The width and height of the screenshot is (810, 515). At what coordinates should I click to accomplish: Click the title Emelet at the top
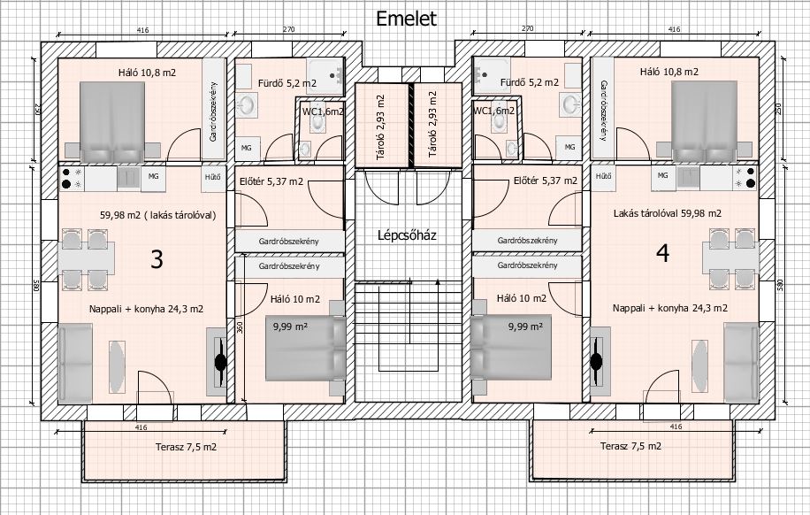[406, 19]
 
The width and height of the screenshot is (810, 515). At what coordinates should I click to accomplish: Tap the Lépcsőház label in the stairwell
[407, 235]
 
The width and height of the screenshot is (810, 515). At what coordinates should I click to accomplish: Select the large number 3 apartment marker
[157, 259]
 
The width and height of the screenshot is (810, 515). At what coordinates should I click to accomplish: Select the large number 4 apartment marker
[663, 253]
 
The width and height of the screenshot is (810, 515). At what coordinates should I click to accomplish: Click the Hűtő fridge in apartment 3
[213, 178]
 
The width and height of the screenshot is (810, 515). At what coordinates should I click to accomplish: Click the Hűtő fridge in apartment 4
[603, 177]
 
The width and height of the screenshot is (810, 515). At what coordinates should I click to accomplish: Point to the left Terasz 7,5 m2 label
[186, 447]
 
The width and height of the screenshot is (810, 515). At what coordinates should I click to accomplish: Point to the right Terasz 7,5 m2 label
[630, 446]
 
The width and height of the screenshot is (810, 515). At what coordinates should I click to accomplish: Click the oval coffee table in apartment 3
[117, 366]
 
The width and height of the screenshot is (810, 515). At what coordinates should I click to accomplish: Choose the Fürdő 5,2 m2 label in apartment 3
[287, 83]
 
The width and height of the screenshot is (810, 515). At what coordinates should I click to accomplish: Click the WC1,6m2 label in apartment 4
[494, 111]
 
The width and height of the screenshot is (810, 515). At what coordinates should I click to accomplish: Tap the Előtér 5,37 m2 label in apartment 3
[271, 182]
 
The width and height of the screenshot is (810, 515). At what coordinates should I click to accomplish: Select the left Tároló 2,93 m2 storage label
[381, 127]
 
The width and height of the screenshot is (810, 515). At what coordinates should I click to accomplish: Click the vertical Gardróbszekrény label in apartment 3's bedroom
[213, 111]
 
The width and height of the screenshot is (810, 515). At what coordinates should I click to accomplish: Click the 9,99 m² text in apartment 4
[525, 327]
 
